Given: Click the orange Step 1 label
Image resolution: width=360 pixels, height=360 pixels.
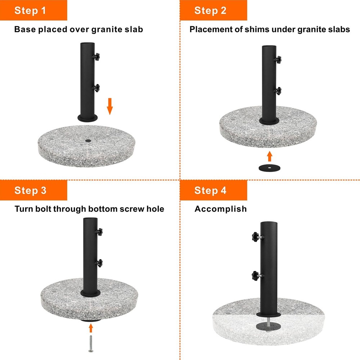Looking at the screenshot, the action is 33,10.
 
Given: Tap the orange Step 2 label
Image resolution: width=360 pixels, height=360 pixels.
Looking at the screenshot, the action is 213,10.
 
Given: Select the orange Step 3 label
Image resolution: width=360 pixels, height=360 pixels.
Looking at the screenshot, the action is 33,190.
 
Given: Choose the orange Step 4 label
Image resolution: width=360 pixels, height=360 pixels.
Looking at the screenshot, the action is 213,190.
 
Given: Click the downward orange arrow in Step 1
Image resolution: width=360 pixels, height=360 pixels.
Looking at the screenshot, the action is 110,106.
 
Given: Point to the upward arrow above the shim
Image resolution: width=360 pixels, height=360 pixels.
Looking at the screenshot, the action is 270,156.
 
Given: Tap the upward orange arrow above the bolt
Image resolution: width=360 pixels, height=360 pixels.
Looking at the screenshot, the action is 91,328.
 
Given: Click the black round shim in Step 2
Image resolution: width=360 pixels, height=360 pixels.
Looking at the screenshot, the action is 269,168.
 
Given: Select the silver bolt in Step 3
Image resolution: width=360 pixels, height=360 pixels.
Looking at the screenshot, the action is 91,344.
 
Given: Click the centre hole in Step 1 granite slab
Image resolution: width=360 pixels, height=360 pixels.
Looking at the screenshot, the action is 88,141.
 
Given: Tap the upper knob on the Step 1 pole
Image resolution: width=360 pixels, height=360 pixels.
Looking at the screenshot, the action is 96,57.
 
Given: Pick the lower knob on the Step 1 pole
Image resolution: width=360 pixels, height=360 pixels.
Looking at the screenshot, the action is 96,88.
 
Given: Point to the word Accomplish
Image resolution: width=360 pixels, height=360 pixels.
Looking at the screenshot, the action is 220,209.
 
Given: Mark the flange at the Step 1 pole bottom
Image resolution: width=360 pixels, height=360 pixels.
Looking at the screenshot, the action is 87,118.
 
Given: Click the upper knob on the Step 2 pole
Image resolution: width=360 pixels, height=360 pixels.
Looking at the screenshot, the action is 278,59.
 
